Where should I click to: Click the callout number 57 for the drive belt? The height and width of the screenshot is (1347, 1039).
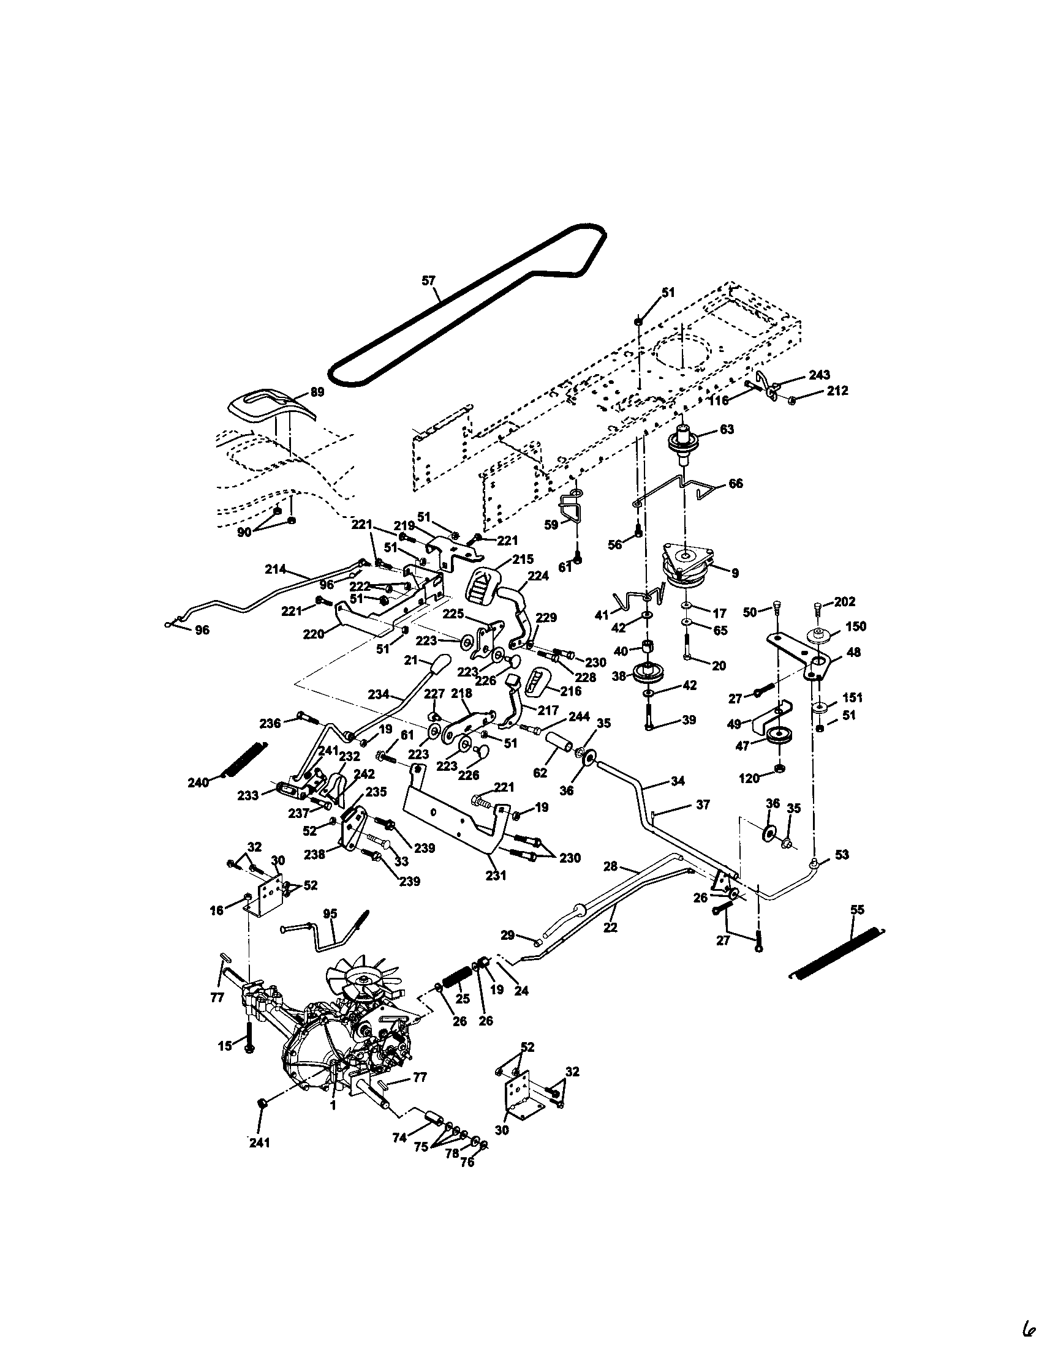tap(428, 280)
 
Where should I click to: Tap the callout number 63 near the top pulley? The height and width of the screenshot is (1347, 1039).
tap(727, 429)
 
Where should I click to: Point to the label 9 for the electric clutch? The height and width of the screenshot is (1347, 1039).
tap(734, 573)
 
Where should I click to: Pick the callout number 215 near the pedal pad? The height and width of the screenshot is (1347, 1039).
tap(522, 560)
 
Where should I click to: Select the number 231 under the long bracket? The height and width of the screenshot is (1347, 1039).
tap(496, 874)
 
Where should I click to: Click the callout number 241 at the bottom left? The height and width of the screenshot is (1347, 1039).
tap(259, 1143)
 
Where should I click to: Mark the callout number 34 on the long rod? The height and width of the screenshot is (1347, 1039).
tap(677, 781)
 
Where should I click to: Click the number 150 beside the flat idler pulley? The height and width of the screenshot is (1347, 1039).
tap(855, 626)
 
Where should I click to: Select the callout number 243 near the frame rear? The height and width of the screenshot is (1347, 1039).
tap(819, 375)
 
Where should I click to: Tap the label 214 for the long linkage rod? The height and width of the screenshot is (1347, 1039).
tap(275, 569)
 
